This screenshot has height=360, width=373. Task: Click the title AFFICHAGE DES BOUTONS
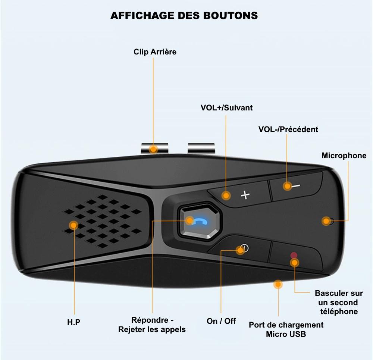(x=184, y=16)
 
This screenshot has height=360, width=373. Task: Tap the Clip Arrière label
(x=155, y=52)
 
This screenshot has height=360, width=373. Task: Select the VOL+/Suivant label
(x=226, y=108)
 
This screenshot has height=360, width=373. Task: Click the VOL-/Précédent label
(x=288, y=129)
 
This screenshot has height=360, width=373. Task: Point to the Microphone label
(x=344, y=156)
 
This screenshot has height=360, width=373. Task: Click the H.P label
(x=74, y=322)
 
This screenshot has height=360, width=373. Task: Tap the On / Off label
(x=221, y=321)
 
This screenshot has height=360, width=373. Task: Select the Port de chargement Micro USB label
(x=286, y=329)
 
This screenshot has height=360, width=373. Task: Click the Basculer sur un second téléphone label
(x=339, y=302)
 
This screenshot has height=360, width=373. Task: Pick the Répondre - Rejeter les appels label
(x=152, y=325)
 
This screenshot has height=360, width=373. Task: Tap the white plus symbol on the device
(x=245, y=195)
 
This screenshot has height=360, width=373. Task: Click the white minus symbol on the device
(x=296, y=186)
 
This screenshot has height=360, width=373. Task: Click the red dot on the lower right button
(x=294, y=255)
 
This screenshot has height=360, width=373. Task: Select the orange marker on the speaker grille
(x=73, y=225)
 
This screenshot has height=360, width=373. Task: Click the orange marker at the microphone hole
(x=326, y=221)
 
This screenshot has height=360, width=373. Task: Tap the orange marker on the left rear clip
(x=153, y=149)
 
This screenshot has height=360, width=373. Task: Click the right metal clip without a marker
(x=201, y=148)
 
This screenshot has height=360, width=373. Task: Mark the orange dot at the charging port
(x=278, y=284)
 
